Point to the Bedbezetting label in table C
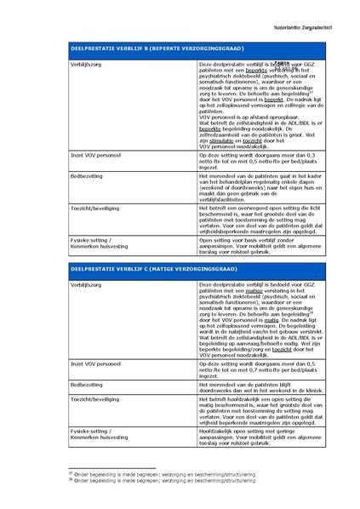[86, 383]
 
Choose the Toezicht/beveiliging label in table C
[94, 398]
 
